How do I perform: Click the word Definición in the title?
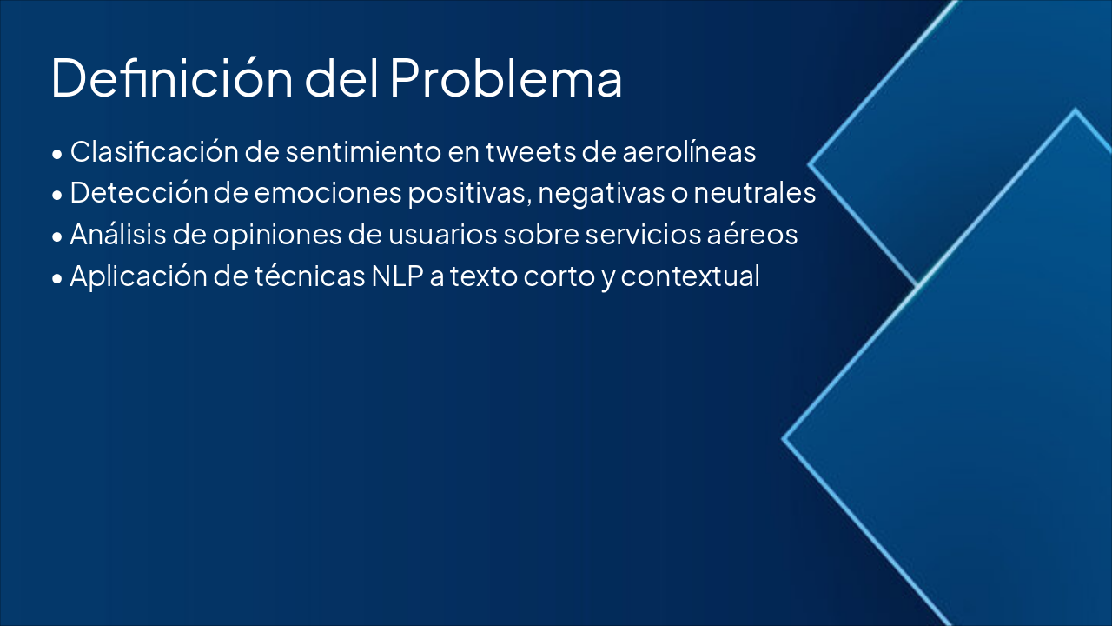(x=170, y=78)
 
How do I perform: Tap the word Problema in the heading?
(x=506, y=78)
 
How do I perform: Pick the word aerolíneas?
(x=690, y=152)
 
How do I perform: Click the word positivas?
(x=469, y=193)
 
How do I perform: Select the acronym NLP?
(x=395, y=276)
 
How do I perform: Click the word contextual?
(x=690, y=276)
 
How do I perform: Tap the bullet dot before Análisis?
(x=57, y=236)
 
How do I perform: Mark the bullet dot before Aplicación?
(x=57, y=278)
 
